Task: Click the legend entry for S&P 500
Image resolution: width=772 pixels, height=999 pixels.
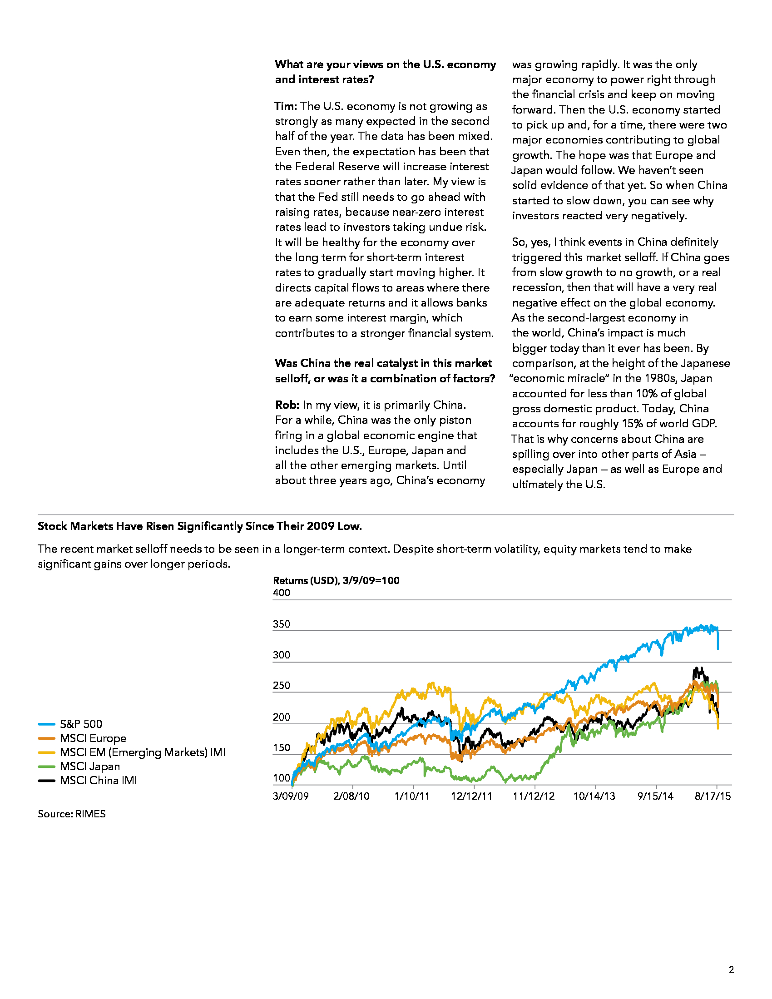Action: pyautogui.click(x=70, y=724)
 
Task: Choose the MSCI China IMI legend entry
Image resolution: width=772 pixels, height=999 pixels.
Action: pyautogui.click(x=87, y=780)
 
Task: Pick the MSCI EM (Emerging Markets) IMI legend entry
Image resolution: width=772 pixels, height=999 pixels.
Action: pyautogui.click(x=132, y=752)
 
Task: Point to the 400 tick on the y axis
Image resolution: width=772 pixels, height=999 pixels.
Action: pyautogui.click(x=281, y=593)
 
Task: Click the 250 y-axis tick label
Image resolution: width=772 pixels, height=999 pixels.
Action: pyautogui.click(x=281, y=685)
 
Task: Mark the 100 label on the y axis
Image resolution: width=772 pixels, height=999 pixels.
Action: pyautogui.click(x=281, y=778)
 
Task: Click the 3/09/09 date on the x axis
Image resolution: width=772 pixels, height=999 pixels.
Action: pyautogui.click(x=291, y=796)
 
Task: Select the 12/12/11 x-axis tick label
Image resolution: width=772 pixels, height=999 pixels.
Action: pyautogui.click(x=471, y=796)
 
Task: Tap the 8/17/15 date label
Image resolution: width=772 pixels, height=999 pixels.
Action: pyautogui.click(x=713, y=796)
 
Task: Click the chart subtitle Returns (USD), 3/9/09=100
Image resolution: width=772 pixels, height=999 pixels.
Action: pyautogui.click(x=336, y=580)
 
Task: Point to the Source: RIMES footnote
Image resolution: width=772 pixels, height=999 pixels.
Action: pyautogui.click(x=72, y=814)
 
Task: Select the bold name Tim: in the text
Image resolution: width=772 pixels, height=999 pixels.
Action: pyautogui.click(x=286, y=106)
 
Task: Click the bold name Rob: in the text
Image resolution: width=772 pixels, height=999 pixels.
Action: pyautogui.click(x=287, y=405)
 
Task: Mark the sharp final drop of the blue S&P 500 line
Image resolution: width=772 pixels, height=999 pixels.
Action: pyautogui.click(x=718, y=638)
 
